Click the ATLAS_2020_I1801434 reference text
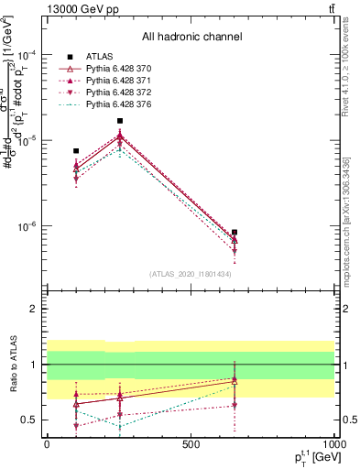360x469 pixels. coord(191,274)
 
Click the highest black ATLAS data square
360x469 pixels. coord(120,121)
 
